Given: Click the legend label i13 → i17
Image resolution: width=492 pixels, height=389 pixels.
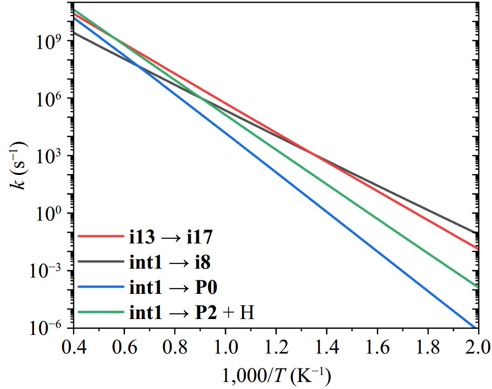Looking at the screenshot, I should click(171, 237).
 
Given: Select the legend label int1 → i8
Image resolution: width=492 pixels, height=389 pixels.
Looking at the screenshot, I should click(170, 263).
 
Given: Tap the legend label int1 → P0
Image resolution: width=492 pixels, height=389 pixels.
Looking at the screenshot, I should click(173, 288).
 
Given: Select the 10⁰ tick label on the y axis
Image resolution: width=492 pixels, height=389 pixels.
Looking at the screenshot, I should click(49, 214).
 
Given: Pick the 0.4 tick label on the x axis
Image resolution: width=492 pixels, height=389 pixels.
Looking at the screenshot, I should click(73, 347).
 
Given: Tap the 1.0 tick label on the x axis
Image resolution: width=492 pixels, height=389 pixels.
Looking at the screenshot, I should click(225, 347).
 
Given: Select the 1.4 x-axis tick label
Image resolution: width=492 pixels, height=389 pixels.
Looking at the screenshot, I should click(326, 347).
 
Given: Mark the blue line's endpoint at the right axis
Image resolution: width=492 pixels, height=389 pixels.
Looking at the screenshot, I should click(476, 327).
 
